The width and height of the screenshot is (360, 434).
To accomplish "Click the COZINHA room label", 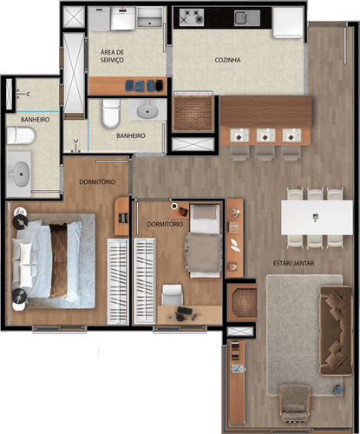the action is pos(227,60).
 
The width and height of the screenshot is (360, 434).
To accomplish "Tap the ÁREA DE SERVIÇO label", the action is pos(112,56).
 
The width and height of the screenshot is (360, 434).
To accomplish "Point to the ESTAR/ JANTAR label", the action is pos(293,263).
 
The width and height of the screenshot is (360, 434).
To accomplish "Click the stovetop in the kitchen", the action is pos(192,17).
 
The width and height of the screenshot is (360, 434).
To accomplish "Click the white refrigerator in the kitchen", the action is pos(288,23).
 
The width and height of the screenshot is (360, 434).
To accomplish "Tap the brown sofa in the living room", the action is pos(336,331).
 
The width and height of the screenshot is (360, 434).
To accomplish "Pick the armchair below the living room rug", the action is pos(295,403).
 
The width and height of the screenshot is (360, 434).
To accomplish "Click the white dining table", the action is pos(317,218).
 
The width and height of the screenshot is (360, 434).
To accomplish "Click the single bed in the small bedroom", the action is pos(205,240).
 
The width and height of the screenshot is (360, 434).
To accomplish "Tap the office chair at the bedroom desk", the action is pos(172,295).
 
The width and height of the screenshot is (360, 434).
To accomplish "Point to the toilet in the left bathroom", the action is pos(21,135).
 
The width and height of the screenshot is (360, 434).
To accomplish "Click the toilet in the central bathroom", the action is pos(111,113).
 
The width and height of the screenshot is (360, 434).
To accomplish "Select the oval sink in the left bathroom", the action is pos(22,174).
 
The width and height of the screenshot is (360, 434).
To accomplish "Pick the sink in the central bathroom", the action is pos(147,110).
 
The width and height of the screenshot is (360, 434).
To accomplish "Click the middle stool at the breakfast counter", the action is pos(265,153).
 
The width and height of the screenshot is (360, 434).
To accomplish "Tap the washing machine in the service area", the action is pos(123,18).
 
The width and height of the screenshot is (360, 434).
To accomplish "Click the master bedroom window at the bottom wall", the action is pos(60,329).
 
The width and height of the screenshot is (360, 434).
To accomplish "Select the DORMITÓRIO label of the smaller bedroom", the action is pos(165,224).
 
